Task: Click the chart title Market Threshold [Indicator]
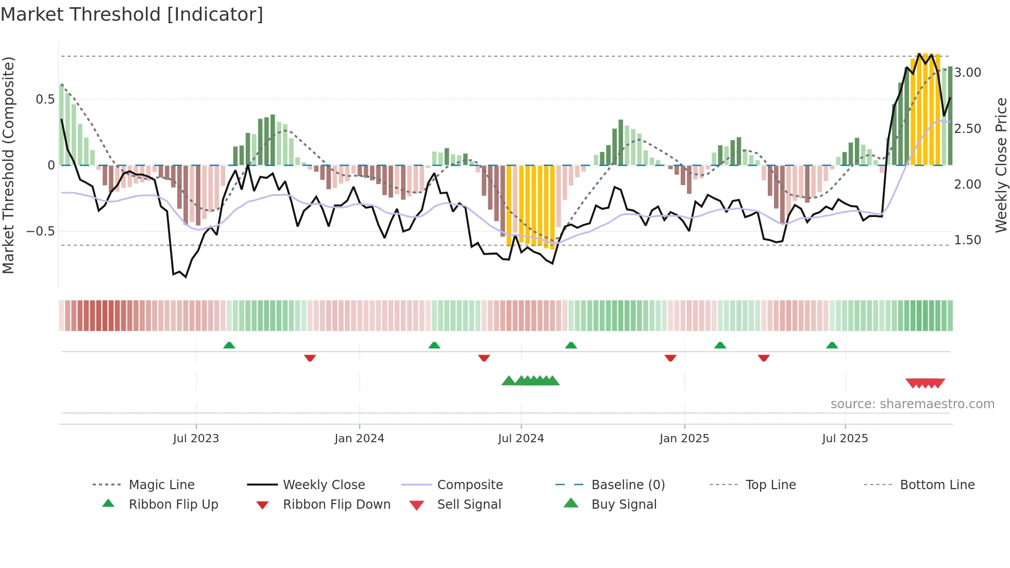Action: pyautogui.click(x=132, y=14)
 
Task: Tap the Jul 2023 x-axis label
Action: pyautogui.click(x=196, y=439)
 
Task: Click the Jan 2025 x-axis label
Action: pyautogui.click(x=684, y=439)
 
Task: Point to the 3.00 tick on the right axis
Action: pyautogui.click(x=967, y=73)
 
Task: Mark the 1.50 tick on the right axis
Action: pyautogui.click(x=967, y=240)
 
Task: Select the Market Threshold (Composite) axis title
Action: pyautogui.click(x=9, y=165)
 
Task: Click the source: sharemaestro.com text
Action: pyautogui.click(x=912, y=404)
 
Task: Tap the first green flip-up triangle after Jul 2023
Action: pyautogui.click(x=229, y=345)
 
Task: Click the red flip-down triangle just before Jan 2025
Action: pyautogui.click(x=670, y=358)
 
